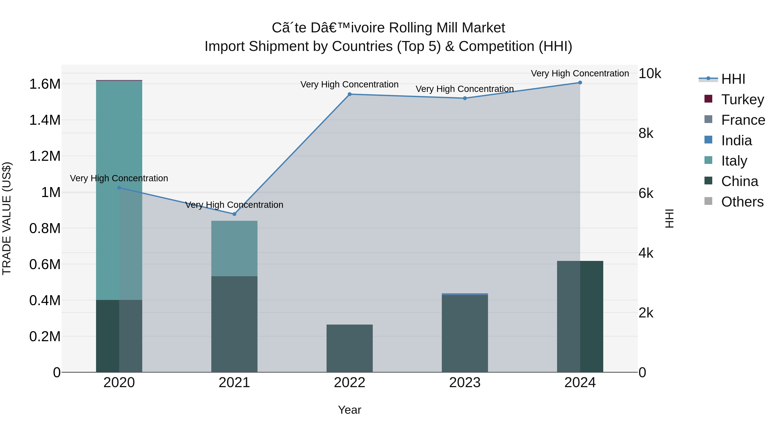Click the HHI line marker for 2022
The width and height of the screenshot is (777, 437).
pyautogui.click(x=350, y=94)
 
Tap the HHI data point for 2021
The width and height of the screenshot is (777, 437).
pyautogui.click(x=234, y=214)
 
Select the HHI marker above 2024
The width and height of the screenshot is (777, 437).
pyautogui.click(x=580, y=82)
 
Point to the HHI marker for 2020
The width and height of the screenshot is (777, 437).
pyautogui.click(x=119, y=188)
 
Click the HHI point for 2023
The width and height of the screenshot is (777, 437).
pyautogui.click(x=465, y=98)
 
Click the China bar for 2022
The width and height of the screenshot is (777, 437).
pyautogui.click(x=350, y=348)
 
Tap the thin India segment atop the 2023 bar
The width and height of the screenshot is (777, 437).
pyautogui.click(x=465, y=294)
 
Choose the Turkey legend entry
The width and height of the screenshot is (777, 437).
pyautogui.click(x=742, y=99)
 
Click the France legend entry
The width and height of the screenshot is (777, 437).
pyautogui.click(x=743, y=120)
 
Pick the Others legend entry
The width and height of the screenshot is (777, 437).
pyautogui.click(x=742, y=202)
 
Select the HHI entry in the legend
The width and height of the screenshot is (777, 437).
pyautogui.click(x=733, y=79)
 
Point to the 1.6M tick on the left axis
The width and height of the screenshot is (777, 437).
pyautogui.click(x=45, y=84)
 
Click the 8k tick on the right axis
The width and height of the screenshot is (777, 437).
pyautogui.click(x=646, y=133)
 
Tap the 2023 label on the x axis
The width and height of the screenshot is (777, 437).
pyautogui.click(x=465, y=383)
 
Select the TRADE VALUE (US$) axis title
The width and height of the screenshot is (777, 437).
pyautogui.click(x=7, y=218)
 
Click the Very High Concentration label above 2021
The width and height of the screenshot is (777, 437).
pyautogui.click(x=234, y=205)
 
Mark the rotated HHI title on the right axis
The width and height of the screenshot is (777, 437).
pyautogui.click(x=669, y=218)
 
